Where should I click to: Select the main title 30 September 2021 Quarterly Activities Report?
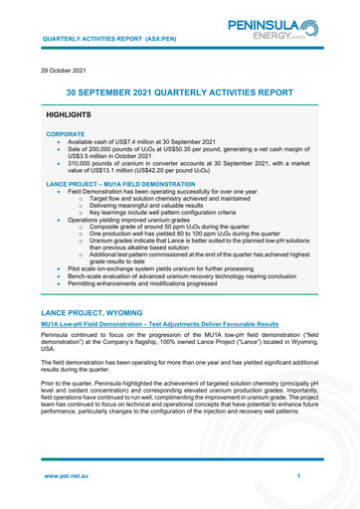(x=179, y=92)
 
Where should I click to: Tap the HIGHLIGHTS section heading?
(x=74, y=116)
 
